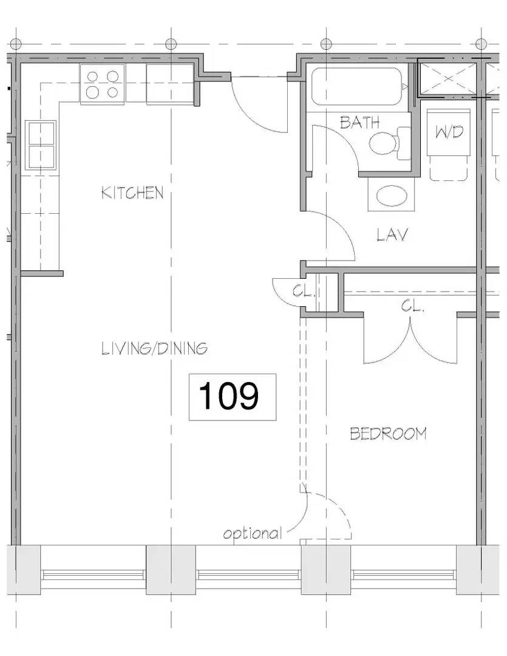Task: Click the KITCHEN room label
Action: [132, 193]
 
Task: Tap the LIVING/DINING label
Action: [154, 349]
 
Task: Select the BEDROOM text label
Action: [388, 434]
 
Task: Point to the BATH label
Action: [359, 122]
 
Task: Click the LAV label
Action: [392, 234]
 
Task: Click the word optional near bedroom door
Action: [253, 534]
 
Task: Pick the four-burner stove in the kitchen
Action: [102, 84]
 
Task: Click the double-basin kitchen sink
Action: [40, 145]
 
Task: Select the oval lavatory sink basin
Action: [391, 196]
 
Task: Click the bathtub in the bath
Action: [358, 86]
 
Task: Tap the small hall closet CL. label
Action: [303, 291]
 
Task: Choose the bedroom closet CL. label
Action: [412, 306]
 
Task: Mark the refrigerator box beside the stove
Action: [169, 84]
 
